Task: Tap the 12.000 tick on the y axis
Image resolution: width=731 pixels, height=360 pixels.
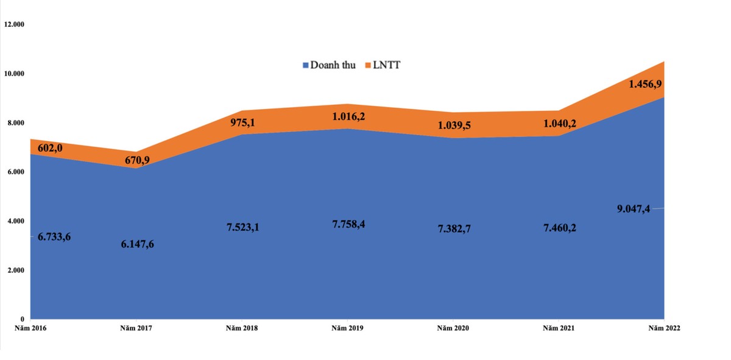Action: click(13, 25)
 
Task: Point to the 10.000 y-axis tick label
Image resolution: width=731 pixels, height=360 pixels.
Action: click(13, 74)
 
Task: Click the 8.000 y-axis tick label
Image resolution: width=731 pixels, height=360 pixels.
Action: click(13, 123)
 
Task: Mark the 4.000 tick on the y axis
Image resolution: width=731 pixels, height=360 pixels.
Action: click(13, 221)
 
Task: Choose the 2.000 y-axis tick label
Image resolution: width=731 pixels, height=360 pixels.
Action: click(13, 270)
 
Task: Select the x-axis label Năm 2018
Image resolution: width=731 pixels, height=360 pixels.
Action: click(242, 328)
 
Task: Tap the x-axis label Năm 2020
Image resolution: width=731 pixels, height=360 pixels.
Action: click(453, 328)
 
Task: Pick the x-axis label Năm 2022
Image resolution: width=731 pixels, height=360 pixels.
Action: click(663, 328)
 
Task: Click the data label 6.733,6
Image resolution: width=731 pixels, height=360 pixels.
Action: click(54, 237)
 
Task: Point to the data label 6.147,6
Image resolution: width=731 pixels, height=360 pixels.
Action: click(137, 244)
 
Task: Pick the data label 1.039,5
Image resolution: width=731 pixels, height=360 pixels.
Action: click(454, 125)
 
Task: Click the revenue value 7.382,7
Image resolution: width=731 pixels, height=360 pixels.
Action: click(454, 229)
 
